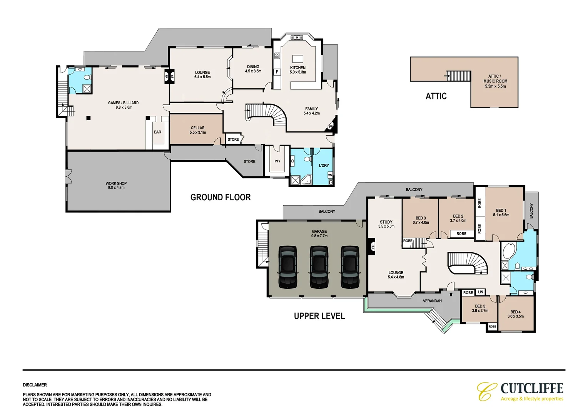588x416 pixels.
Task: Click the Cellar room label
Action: pyautogui.click(x=197, y=130)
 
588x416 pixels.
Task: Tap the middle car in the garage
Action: pyautogui.click(x=319, y=267)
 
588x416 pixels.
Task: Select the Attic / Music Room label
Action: pyautogui.click(x=495, y=81)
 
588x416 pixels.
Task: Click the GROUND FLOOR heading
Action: pyautogui.click(x=220, y=198)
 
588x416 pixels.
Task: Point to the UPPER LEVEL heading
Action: pyautogui.click(x=319, y=316)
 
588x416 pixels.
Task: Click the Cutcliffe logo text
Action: pyautogui.click(x=532, y=388)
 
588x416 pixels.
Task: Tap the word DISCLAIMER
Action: pyautogui.click(x=35, y=385)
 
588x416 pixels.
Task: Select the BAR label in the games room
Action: pyautogui.click(x=157, y=132)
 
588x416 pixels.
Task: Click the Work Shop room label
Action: pyautogui.click(x=116, y=185)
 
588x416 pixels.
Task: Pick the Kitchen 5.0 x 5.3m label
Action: pyautogui.click(x=297, y=70)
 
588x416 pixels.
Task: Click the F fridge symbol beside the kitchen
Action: pyautogui.click(x=277, y=72)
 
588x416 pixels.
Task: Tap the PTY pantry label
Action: pyautogui.click(x=277, y=161)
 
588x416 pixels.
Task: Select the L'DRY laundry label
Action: pyautogui.click(x=324, y=166)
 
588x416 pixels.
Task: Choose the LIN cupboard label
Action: pyautogui.click(x=480, y=292)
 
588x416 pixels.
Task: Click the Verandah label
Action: pyautogui.click(x=432, y=301)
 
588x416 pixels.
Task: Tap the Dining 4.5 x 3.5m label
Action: pyautogui.click(x=253, y=69)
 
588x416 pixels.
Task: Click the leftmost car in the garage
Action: pyautogui.click(x=288, y=267)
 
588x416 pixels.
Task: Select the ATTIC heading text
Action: pyautogui.click(x=436, y=96)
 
